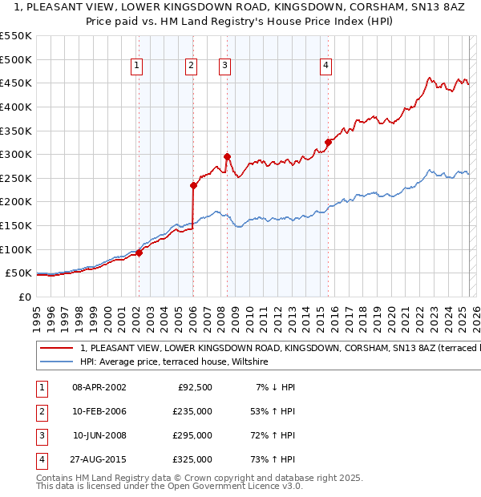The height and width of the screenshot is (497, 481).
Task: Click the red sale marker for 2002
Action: [139, 253]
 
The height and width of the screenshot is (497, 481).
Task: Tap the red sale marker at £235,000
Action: [193, 185]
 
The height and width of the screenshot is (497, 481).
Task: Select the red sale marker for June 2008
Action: [227, 156]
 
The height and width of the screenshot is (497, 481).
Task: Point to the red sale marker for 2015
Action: [328, 142]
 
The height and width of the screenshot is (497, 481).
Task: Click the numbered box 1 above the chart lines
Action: [138, 67]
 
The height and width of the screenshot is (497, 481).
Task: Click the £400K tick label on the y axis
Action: [15, 107]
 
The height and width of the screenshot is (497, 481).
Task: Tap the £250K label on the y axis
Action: [15, 178]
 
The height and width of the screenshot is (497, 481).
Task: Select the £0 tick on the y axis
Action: [24, 297]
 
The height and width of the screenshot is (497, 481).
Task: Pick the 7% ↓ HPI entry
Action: [276, 387]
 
